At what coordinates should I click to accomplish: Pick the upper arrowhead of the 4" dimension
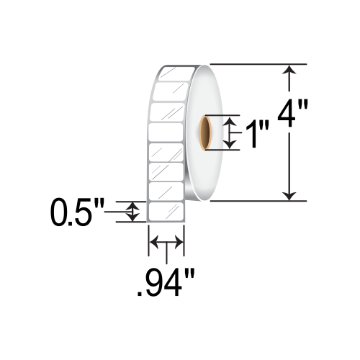pyautogui.click(x=289, y=71)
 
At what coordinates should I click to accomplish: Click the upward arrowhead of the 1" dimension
pyautogui.click(x=230, y=123)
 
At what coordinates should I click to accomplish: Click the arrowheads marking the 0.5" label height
pyautogui.click(x=132, y=212)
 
